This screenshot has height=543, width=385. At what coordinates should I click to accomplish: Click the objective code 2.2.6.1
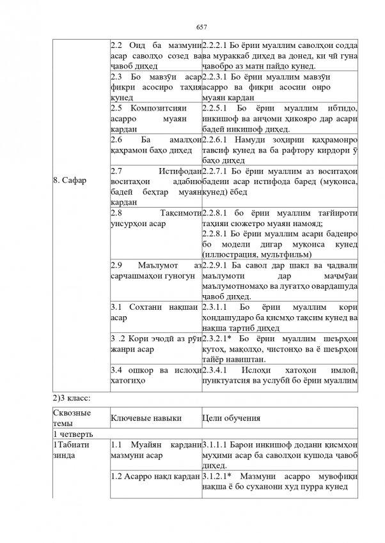point(217,140)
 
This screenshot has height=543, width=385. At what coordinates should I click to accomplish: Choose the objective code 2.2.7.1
point(217,171)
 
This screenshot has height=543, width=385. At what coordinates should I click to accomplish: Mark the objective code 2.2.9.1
point(217,264)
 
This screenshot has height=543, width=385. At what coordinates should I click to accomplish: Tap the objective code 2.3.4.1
point(217,370)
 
